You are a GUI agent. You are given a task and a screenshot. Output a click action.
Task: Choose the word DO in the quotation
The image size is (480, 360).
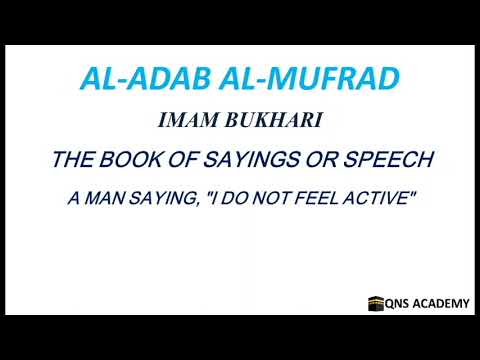(246, 200)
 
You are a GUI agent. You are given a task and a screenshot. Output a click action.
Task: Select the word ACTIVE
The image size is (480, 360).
(378, 200)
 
